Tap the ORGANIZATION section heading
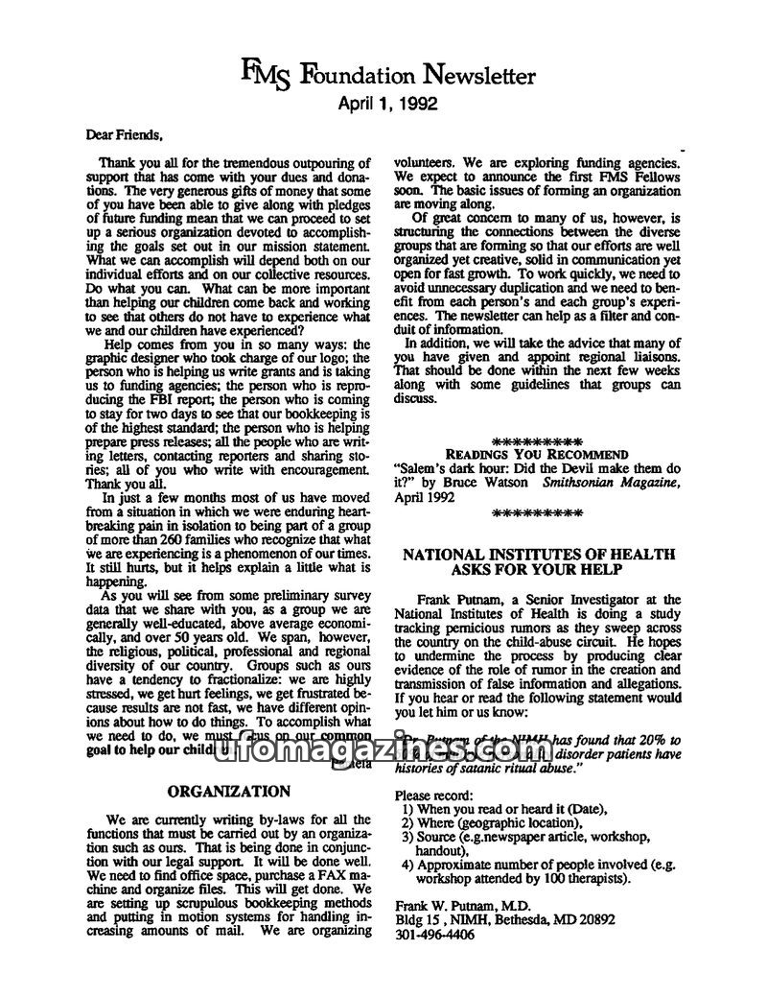point(229,792)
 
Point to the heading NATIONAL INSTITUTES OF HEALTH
point(538,555)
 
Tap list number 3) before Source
point(407,837)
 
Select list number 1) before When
point(407,809)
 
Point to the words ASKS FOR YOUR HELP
point(538,571)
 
